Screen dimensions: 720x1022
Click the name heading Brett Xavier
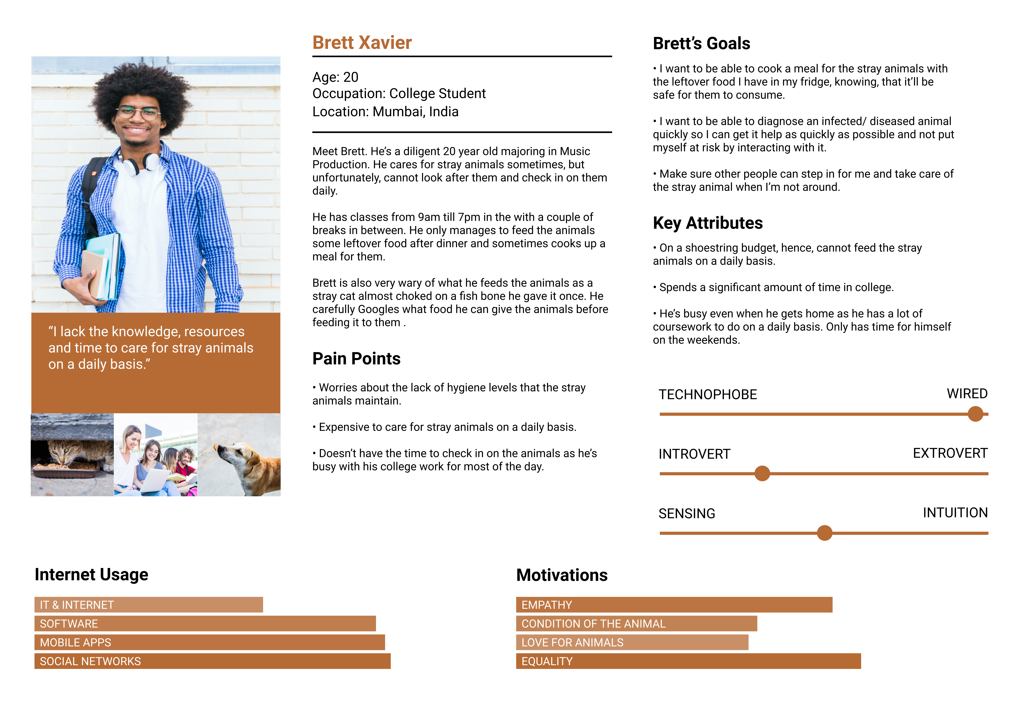(362, 43)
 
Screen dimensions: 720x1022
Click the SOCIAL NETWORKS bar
(212, 661)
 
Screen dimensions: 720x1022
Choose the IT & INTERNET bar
(149, 605)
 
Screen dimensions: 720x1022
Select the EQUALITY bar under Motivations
(688, 661)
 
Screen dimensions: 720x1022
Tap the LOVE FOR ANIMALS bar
(632, 643)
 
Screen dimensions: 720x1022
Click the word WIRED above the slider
(967, 394)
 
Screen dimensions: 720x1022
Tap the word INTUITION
(955, 513)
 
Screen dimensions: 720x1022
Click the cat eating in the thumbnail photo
(67, 454)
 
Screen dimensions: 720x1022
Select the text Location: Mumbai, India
(385, 112)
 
